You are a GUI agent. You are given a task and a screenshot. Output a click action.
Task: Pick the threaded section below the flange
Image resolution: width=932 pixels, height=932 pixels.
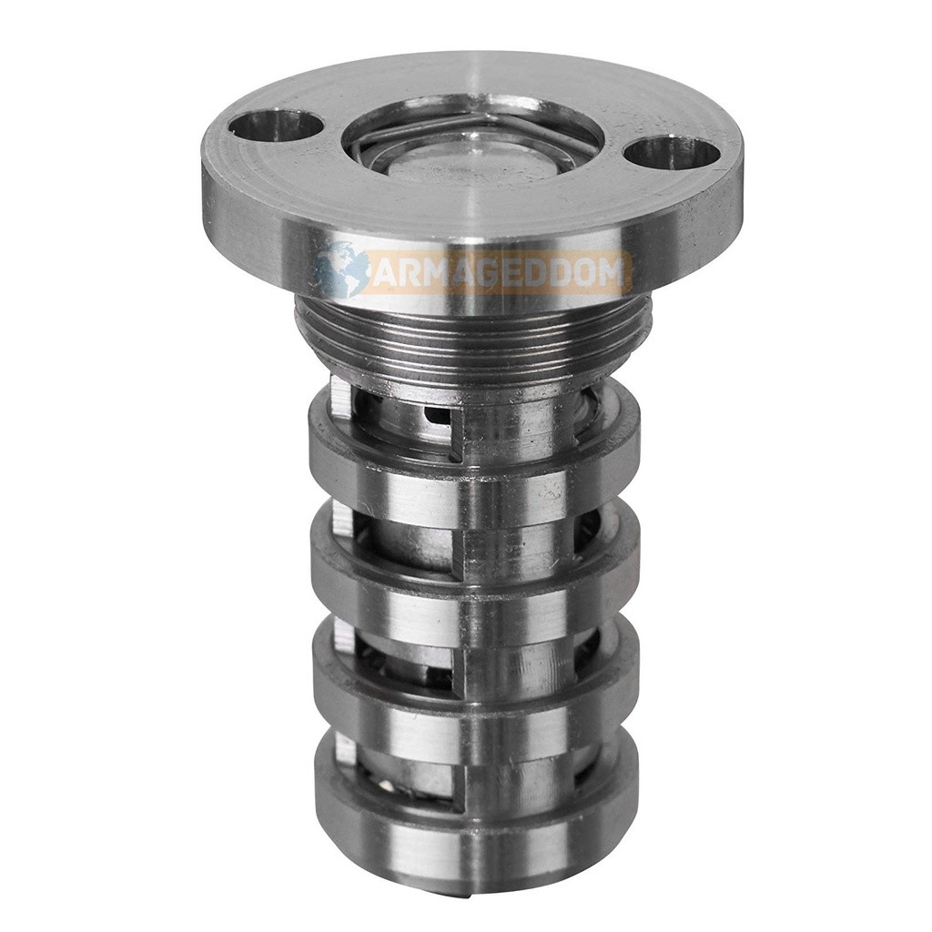[x=472, y=337]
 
